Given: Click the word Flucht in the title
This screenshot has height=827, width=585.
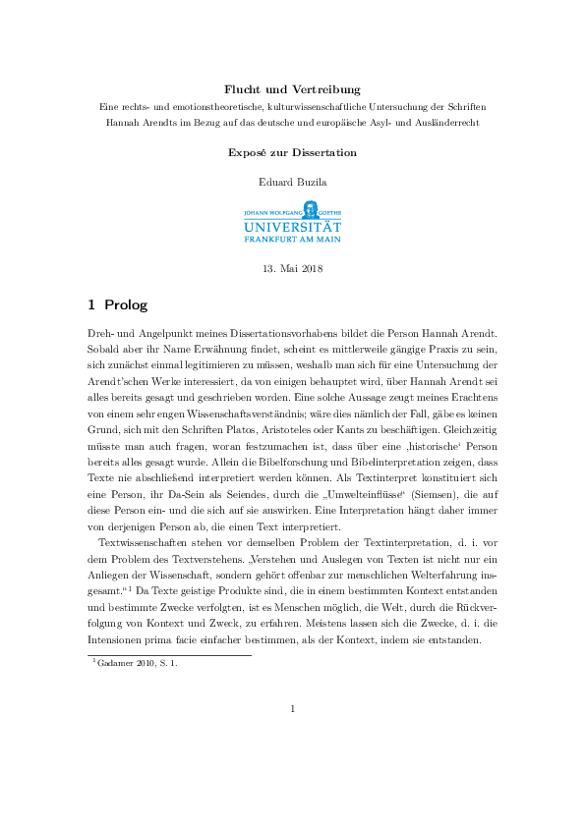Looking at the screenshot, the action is (244, 89).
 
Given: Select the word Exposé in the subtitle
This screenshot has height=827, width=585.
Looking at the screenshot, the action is (247, 153).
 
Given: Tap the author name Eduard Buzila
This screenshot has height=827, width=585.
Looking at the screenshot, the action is (292, 182).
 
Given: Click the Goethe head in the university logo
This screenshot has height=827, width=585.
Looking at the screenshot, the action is (310, 208).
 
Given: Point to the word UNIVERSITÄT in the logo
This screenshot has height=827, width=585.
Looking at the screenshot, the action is (292, 225).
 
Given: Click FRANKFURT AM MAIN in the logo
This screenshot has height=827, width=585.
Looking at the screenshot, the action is (292, 239).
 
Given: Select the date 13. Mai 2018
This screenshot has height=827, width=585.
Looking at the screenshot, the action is (292, 268).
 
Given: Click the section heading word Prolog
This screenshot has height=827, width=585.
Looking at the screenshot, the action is (125, 305).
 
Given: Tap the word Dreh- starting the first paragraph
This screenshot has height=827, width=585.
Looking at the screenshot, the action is (91, 339).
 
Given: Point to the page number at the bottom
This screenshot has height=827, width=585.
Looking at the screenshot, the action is (292, 708).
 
